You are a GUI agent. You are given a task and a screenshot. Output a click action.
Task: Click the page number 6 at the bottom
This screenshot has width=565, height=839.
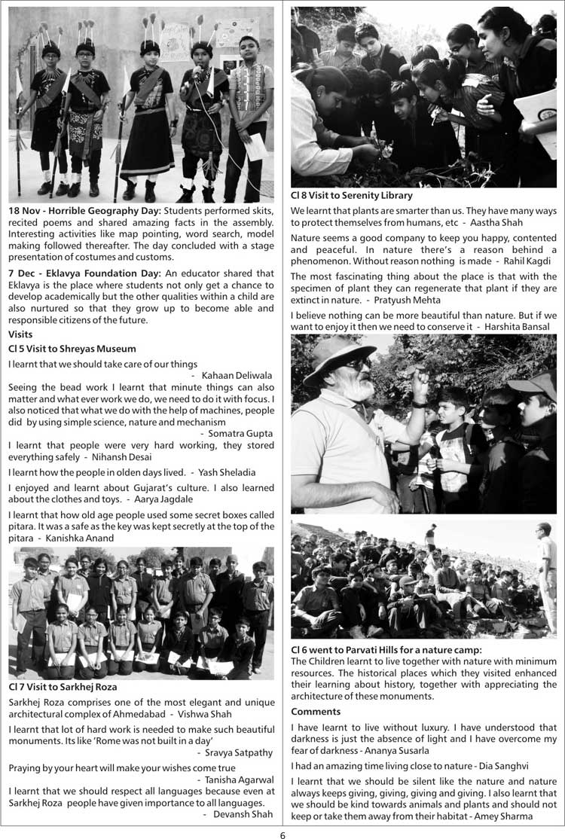[282, 831]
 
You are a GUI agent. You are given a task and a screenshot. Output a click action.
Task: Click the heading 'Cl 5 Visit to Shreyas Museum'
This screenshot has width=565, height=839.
[72, 349]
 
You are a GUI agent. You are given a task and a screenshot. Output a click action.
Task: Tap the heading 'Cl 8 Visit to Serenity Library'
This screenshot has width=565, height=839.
[352, 196]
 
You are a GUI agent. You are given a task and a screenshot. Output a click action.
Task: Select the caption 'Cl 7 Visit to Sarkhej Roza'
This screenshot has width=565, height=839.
[63, 687]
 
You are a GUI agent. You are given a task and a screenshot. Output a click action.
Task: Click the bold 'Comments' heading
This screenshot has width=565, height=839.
[316, 712]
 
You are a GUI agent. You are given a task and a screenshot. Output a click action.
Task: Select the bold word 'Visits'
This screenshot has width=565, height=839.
[21, 334]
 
